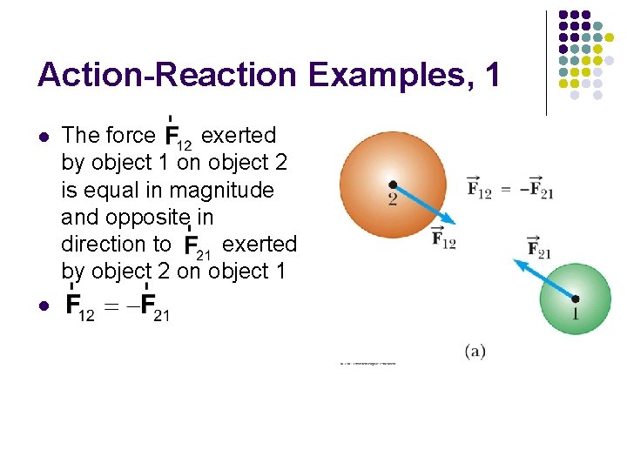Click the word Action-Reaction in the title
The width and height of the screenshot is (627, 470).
[166, 76]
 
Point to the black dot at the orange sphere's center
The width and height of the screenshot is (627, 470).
[394, 185]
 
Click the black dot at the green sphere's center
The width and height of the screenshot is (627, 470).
[575, 299]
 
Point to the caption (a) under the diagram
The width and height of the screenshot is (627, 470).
[475, 351]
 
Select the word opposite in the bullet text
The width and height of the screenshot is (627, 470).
[153, 217]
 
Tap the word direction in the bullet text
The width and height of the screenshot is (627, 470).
[106, 244]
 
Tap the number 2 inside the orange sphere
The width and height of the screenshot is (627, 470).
[394, 198]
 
